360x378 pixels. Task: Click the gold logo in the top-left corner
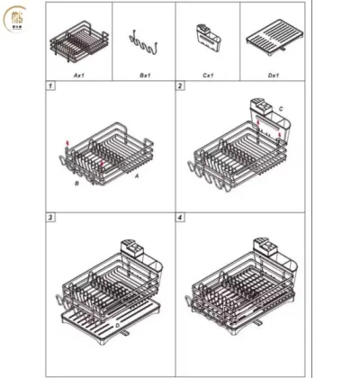[x=17, y=19]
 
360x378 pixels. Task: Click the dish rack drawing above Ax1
[x=80, y=41]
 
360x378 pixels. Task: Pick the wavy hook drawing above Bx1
[x=143, y=41]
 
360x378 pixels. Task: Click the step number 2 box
[x=181, y=86]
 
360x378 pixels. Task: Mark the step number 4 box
[x=181, y=218]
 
